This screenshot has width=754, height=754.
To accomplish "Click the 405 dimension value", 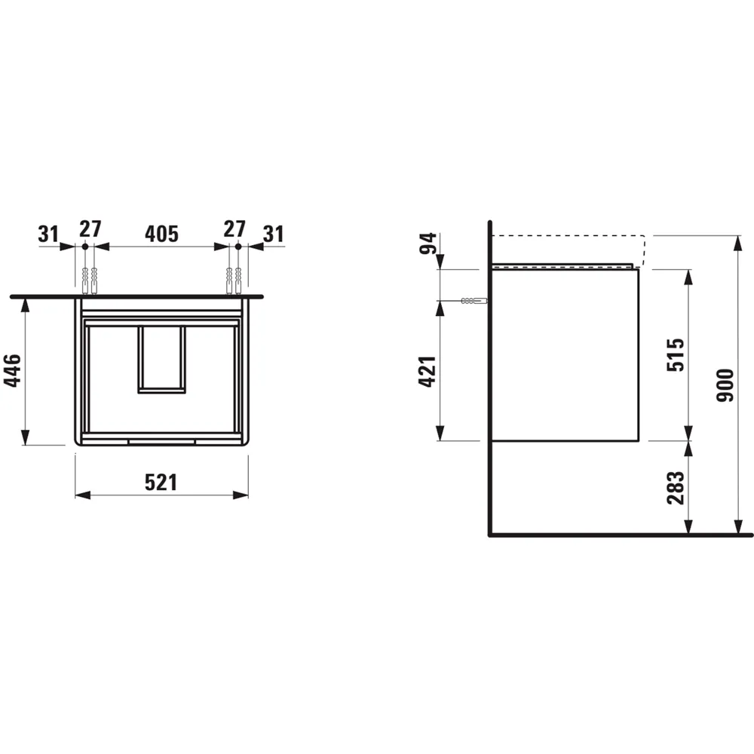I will (161, 233).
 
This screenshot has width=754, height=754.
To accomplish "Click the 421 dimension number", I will (427, 370).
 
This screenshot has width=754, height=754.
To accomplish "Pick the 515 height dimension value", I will (675, 354).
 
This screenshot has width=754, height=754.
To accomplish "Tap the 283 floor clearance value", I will (675, 488).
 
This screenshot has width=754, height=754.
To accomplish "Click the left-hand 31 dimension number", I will (49, 233).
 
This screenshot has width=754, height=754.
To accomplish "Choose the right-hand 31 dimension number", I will (273, 233).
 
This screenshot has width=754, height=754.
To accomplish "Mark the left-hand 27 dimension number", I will (90, 228).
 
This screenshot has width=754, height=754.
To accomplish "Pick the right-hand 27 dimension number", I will (234, 228).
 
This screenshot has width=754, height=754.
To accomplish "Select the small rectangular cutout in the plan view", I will (161, 360).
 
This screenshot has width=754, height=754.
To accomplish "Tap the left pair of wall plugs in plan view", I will (89, 280).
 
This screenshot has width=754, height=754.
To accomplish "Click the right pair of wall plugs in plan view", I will (233, 280).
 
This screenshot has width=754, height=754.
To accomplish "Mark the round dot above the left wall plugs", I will (85, 247).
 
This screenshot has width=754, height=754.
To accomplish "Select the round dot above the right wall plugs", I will (238, 247).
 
